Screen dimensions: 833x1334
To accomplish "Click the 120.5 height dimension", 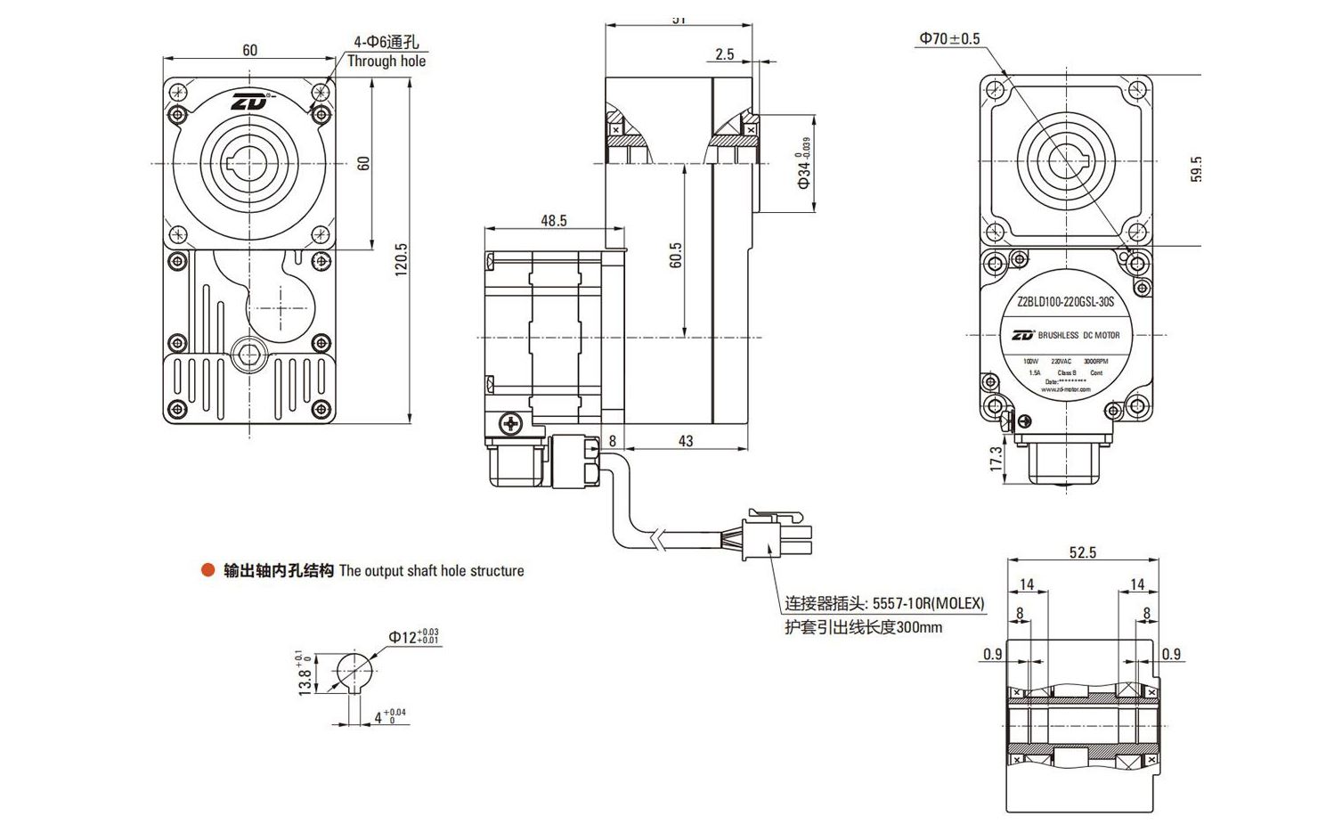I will (402, 258).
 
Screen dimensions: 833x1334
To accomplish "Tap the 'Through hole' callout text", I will (386, 61).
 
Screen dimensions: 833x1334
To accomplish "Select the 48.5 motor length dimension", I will (553, 220).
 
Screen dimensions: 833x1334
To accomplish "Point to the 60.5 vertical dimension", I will (676, 256).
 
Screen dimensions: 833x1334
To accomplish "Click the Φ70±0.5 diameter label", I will (949, 38).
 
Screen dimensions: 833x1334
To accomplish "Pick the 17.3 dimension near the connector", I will (996, 458).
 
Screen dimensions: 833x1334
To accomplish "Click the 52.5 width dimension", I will (1082, 552).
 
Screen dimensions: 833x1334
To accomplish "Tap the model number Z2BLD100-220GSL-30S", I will (1065, 302).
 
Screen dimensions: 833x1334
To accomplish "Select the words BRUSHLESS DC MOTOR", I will (1078, 335).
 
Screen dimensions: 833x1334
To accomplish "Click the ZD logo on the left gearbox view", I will (250, 102).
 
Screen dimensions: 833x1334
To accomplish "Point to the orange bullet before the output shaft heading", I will (208, 570).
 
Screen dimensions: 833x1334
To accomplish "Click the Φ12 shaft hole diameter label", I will (412, 636).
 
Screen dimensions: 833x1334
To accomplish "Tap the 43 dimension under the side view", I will (685, 441).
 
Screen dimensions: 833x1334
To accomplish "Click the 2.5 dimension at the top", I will (724, 54).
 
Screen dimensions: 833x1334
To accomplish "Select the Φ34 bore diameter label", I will (804, 165).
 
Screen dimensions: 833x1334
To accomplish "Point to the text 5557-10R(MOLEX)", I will (928, 603).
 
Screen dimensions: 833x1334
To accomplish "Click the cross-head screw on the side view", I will (510, 423).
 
